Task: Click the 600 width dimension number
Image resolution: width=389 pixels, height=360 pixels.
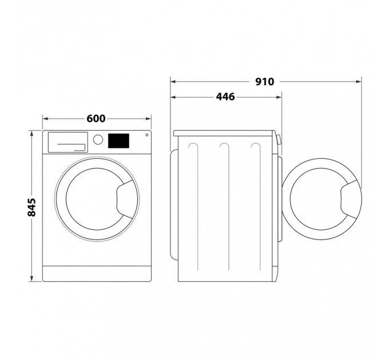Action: (x=96, y=119)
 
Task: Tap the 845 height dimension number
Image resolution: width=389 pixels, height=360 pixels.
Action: (x=33, y=207)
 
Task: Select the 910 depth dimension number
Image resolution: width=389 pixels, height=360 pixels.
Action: (x=265, y=82)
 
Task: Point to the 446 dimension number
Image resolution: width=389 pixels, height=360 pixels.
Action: (x=225, y=98)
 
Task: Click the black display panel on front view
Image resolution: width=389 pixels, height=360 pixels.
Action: (x=118, y=140)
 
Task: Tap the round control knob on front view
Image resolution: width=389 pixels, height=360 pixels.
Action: (x=98, y=139)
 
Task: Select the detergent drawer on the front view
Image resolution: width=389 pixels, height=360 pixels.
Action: (x=67, y=142)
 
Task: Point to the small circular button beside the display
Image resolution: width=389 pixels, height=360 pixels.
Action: (x=146, y=135)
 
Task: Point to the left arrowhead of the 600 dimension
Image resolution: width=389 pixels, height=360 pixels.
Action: (x=45, y=119)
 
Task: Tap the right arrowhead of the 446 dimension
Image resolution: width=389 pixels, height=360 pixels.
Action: (x=280, y=98)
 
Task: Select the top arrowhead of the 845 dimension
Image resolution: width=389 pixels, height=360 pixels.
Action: (x=33, y=133)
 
